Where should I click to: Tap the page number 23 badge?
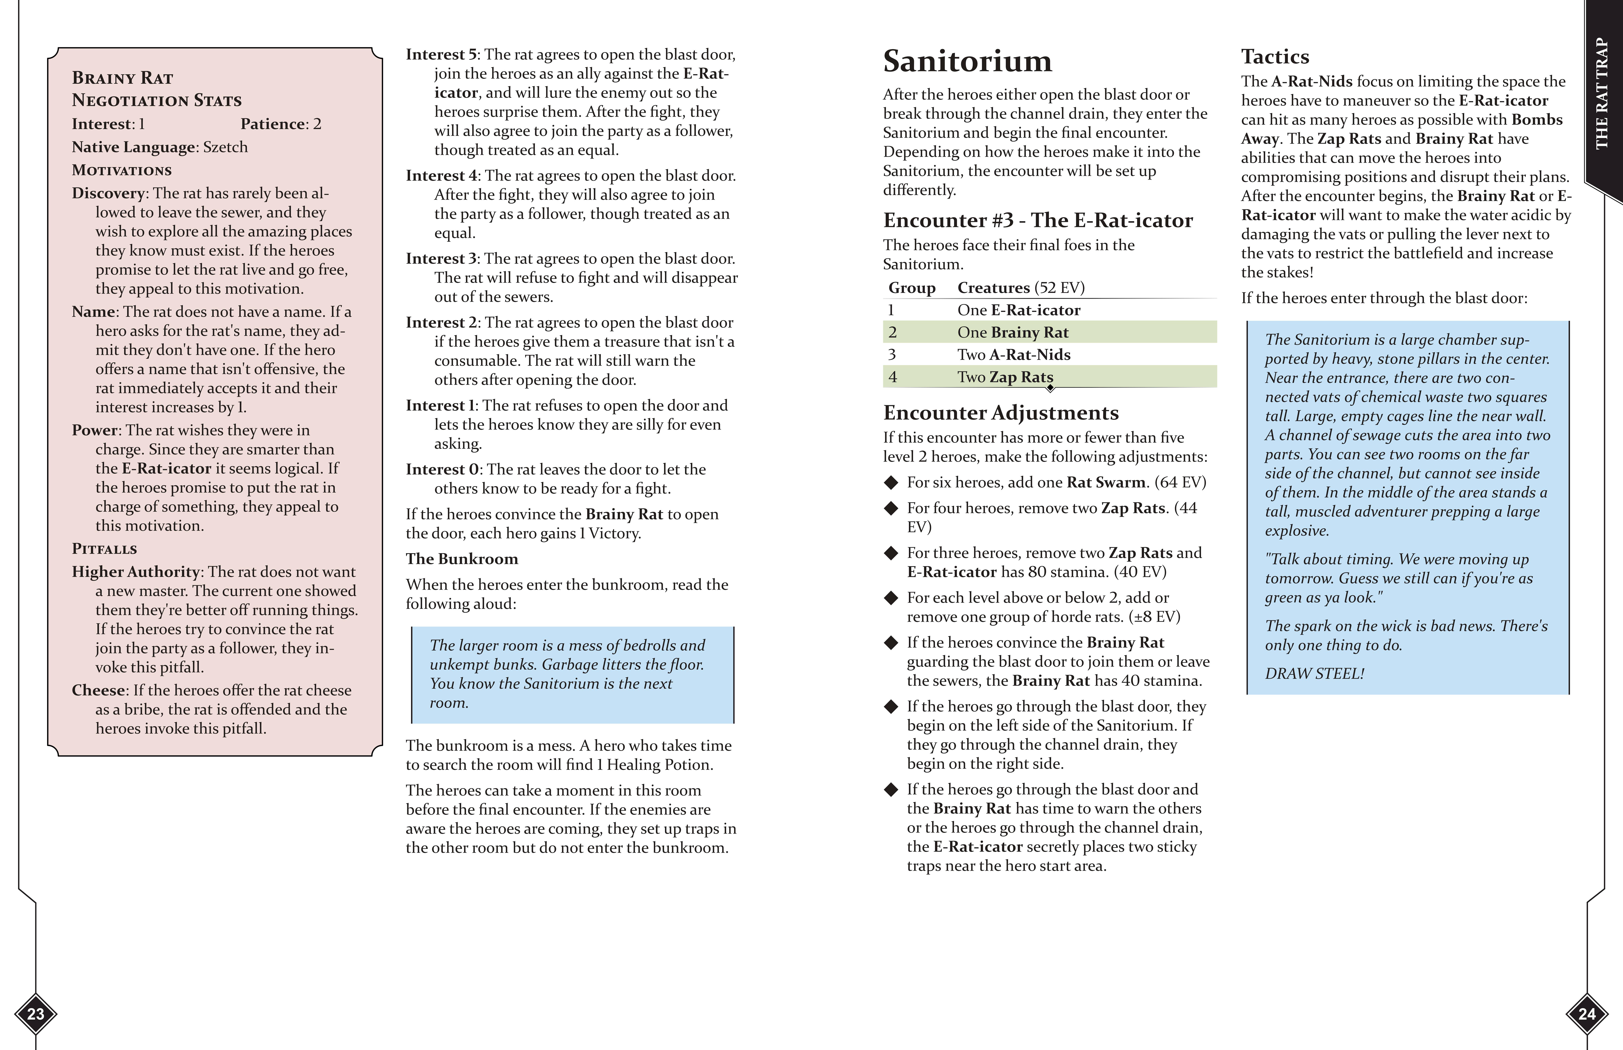pos(35,1014)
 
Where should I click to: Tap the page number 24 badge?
pos(1587,1014)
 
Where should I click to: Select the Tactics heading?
pos(1275,57)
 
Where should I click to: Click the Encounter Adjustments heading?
pos(1000,413)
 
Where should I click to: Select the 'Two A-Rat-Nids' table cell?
pos(1013,355)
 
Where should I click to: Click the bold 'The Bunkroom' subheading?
pos(462,559)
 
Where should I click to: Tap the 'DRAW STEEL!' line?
pos(1314,674)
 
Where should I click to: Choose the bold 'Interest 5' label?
pos(442,54)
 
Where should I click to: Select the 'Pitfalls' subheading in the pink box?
pos(104,549)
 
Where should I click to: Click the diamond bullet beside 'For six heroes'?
pos(891,483)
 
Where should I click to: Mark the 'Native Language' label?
pos(134,147)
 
